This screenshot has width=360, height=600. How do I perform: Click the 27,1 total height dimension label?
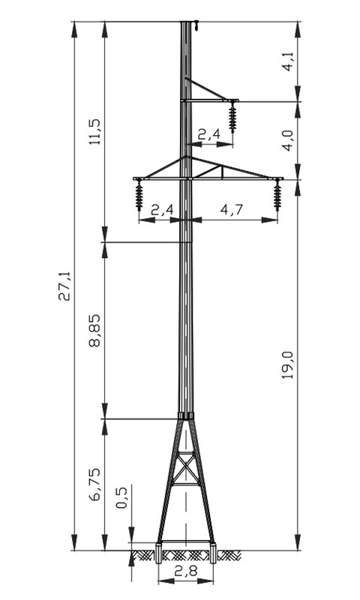point(64,286)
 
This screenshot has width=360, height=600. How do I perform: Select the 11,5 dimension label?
point(94,131)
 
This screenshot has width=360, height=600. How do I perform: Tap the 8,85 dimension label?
point(94,330)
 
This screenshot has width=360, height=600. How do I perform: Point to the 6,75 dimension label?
point(94,484)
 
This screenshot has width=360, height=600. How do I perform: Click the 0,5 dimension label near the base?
point(121,498)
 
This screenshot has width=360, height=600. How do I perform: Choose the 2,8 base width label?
point(185,571)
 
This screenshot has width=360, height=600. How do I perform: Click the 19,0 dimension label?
point(288,364)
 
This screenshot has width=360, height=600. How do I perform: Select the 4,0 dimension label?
point(288,140)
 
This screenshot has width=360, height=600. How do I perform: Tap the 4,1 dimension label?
point(288,61)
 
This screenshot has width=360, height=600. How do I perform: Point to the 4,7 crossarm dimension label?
point(232,210)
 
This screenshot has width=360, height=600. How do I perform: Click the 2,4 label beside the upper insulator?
point(209,134)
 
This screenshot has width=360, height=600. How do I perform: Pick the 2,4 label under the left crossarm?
point(162,210)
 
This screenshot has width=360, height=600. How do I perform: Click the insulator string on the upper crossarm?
point(232,117)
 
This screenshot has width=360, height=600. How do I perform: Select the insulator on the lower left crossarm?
point(139,195)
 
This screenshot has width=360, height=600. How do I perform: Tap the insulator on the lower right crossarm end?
point(277,195)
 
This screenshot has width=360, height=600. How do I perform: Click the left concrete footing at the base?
point(159,553)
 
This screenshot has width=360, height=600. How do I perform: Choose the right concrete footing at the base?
point(213,553)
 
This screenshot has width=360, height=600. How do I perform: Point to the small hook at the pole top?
point(196,25)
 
